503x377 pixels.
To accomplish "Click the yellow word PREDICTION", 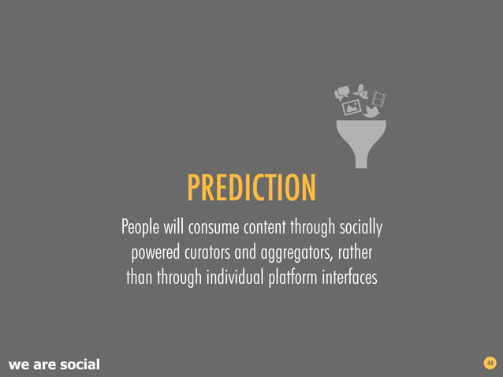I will [251, 188].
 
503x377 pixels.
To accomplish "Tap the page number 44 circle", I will [490, 363].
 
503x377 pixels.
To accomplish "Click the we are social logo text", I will [54, 364].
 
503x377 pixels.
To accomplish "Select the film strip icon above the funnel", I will [379, 98].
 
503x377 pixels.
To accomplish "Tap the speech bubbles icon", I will [341, 93].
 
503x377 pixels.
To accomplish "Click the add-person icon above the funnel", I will [361, 89].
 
